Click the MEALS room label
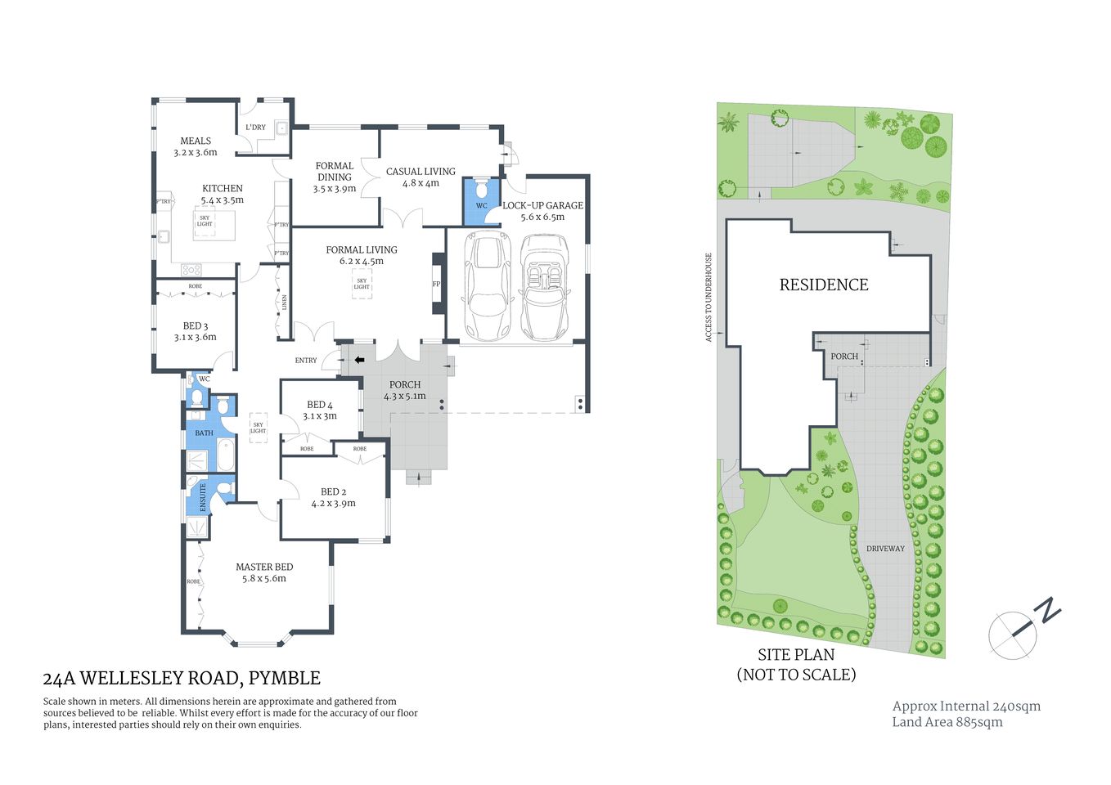coord(196,141)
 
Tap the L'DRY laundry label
coord(255,128)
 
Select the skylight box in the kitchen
coord(205,222)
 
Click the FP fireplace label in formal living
coord(436,285)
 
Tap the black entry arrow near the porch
coord(358,360)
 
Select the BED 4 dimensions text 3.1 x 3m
coord(319,416)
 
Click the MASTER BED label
coord(264,567)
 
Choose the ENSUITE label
coord(204,498)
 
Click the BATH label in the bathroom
coord(204,433)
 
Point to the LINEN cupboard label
coord(285,303)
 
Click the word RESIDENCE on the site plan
coord(824,285)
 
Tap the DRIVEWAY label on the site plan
coord(885,549)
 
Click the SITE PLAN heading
coord(796,655)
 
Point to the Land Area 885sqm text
coord(947,722)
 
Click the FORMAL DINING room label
coord(335,171)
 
